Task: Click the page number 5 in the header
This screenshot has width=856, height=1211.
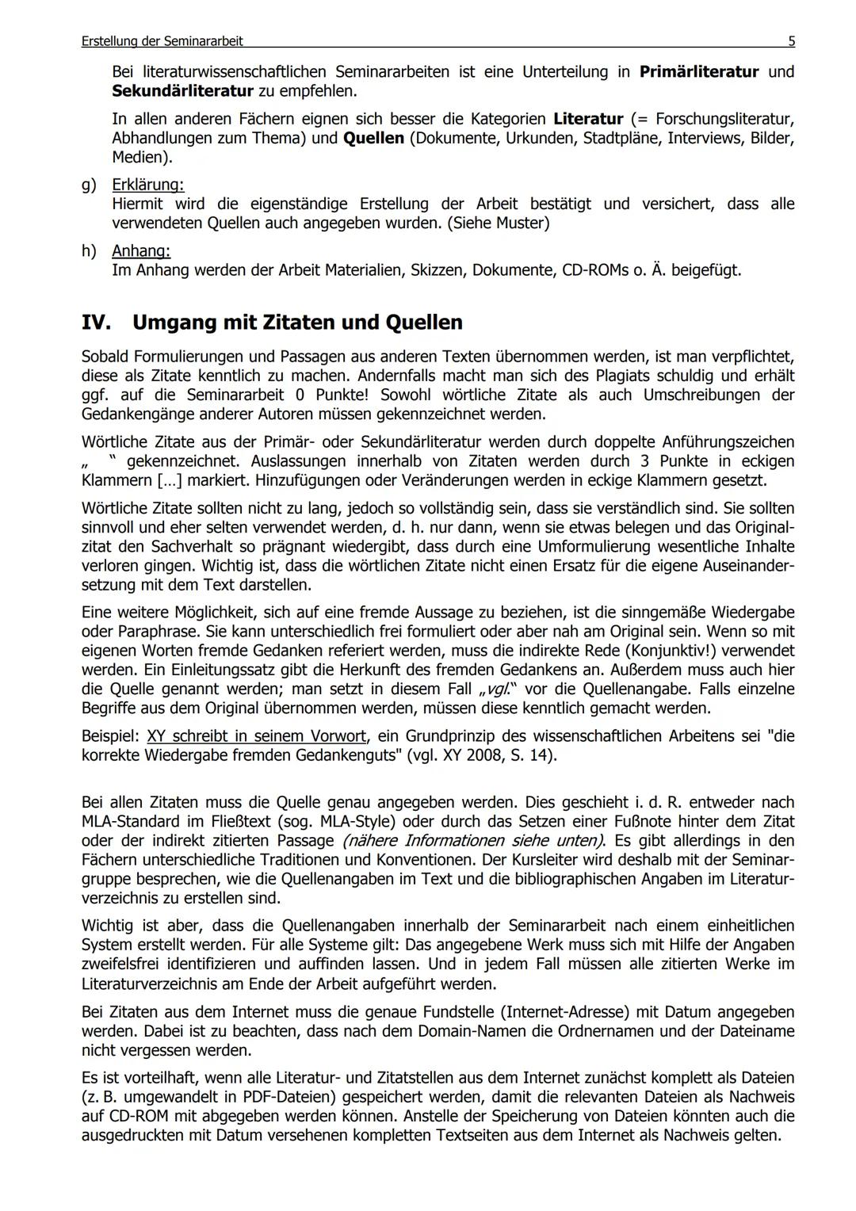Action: (x=792, y=40)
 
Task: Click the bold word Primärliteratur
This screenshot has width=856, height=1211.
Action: (x=698, y=72)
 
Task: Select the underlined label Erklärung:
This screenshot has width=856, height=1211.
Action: (x=148, y=185)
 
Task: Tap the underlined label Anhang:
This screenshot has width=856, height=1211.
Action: (x=141, y=251)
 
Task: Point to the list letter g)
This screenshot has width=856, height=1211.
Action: (x=89, y=185)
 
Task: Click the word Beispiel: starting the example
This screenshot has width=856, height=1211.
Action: (x=112, y=736)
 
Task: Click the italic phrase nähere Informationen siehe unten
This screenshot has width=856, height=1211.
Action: (x=472, y=841)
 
